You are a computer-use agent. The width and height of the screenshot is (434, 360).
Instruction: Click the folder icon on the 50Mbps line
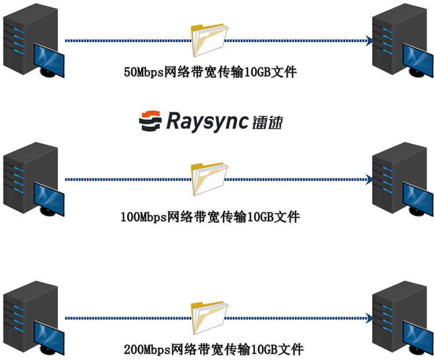(208, 41)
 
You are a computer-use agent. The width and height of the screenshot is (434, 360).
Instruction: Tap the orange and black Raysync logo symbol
(150, 120)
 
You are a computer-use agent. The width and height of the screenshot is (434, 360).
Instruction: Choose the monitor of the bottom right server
(417, 336)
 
